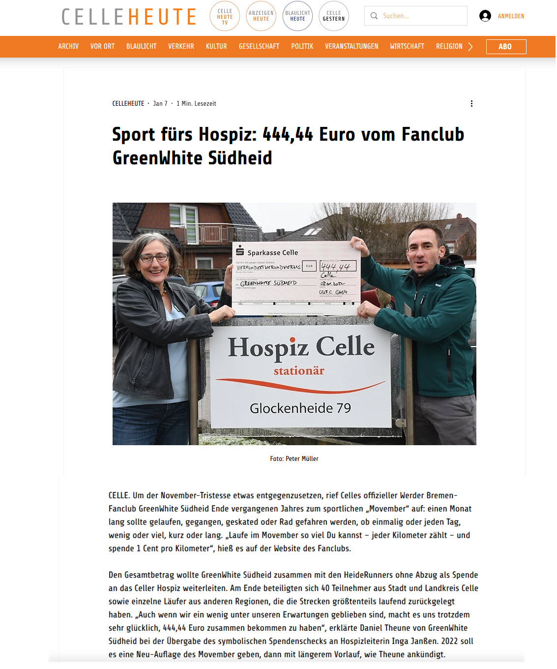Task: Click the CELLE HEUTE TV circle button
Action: [x=225, y=16]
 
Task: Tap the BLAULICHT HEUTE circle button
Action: [x=297, y=16]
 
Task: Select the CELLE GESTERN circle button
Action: [x=334, y=16]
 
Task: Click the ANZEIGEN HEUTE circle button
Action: [x=261, y=16]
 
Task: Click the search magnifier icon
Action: [x=374, y=16]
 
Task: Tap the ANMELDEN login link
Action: [x=511, y=16]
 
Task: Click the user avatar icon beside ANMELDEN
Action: [x=485, y=16]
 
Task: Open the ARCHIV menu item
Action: [x=68, y=46]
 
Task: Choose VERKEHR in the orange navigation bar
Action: [x=181, y=46]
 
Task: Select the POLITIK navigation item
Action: [x=302, y=46]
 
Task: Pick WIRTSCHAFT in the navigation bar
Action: [x=407, y=46]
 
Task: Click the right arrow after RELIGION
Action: [x=470, y=47]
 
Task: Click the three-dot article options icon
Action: [x=471, y=103]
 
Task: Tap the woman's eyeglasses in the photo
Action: [x=154, y=258]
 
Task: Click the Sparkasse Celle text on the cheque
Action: [x=272, y=252]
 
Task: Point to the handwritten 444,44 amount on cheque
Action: [x=336, y=267]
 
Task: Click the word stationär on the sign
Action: [x=299, y=371]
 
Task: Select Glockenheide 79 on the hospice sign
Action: [x=300, y=408]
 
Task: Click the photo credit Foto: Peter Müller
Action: [x=294, y=458]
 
